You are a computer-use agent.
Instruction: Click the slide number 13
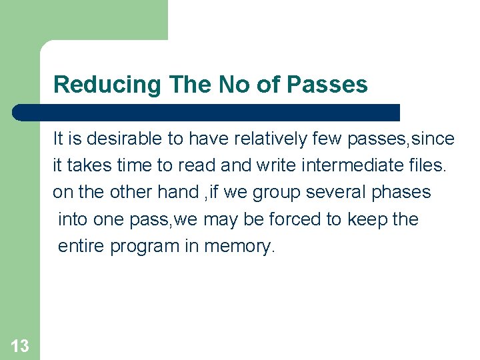(20, 345)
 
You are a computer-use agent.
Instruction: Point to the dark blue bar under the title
(207, 112)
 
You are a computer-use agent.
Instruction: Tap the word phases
(401, 193)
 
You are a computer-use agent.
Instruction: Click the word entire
(81, 246)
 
